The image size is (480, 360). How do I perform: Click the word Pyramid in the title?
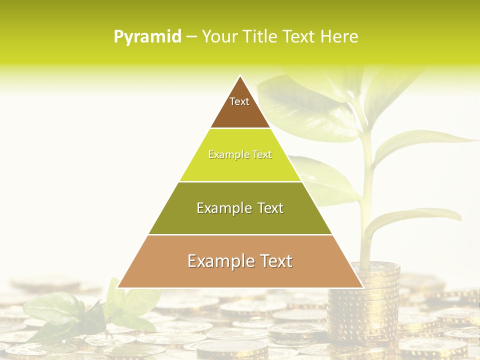147,36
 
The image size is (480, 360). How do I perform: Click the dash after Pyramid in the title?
191,37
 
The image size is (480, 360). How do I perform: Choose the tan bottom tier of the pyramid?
240,267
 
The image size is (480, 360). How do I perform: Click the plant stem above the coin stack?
367,200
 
